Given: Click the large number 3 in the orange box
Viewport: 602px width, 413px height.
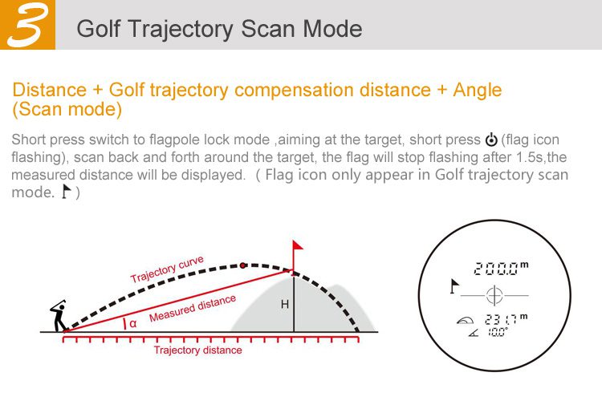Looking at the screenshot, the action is (28, 25).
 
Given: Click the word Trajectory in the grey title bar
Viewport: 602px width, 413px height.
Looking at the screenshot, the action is (181, 29).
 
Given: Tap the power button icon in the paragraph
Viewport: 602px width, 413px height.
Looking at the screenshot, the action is (491, 140).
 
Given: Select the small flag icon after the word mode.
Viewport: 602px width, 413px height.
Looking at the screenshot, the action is (67, 192).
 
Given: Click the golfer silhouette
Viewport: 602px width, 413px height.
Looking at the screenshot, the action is (59, 316).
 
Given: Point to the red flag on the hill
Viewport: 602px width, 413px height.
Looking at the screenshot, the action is (297, 246).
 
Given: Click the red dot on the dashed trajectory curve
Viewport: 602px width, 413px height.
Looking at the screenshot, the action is (242, 265).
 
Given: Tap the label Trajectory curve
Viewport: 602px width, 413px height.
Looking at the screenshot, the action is (167, 269).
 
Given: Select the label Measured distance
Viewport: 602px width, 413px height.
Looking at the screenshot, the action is (193, 308).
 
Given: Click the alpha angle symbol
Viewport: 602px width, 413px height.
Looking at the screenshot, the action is (132, 324).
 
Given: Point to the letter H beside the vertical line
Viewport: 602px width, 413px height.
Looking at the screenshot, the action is (284, 305).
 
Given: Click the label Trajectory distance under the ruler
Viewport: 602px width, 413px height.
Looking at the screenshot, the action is (197, 350).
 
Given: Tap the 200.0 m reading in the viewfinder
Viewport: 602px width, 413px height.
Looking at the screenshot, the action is (501, 269).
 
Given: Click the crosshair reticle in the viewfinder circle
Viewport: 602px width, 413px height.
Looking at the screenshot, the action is (494, 296).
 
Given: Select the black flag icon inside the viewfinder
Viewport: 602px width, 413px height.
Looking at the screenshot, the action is (454, 286).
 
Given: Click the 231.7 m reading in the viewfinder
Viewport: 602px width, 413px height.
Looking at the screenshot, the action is (506, 319).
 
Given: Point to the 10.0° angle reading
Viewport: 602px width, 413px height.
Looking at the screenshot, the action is (498, 332).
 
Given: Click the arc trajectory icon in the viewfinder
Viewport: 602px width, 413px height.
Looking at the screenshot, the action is (465, 320).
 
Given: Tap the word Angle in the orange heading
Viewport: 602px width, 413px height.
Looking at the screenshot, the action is (478, 91).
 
